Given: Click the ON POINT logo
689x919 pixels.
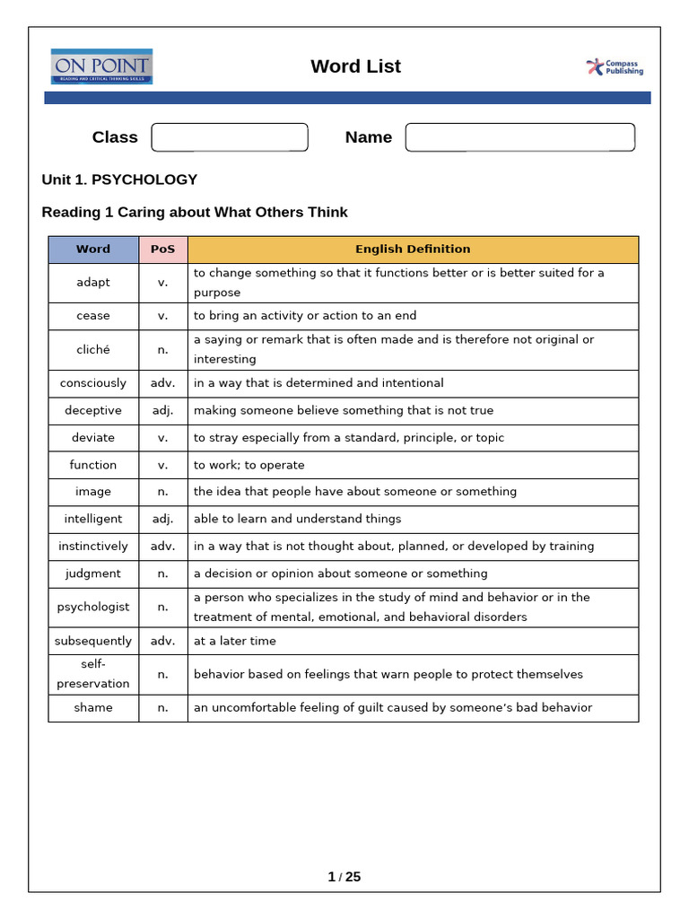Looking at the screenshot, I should click(101, 66).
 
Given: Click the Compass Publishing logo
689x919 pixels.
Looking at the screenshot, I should click(615, 67).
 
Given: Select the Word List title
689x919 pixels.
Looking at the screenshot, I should click(355, 66).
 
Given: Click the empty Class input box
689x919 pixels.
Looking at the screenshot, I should click(230, 137).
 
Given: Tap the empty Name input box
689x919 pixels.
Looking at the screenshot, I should click(519, 137).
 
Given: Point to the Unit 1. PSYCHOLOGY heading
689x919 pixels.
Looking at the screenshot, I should click(119, 179).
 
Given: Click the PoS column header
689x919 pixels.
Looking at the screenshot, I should click(163, 249).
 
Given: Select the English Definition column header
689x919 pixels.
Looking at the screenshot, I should click(413, 249).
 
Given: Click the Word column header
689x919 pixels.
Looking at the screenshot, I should click(93, 249).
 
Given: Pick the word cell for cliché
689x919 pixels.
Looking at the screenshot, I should click(93, 349).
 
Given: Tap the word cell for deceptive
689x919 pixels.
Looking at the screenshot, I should click(93, 410).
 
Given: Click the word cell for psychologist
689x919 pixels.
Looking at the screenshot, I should click(93, 607).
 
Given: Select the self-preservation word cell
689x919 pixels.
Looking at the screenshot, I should click(93, 674).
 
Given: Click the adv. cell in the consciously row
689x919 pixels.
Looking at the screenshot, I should click(163, 383).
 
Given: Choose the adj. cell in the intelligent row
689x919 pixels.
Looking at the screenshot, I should click(163, 519).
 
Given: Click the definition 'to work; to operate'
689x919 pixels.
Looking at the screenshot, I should click(249, 465).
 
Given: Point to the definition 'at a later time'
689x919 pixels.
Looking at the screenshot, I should click(235, 641).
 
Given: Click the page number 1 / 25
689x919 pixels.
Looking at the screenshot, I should click(344, 877).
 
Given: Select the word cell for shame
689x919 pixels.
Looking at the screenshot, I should click(93, 707).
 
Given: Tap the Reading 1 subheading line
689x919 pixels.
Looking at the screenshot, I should click(195, 213).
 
